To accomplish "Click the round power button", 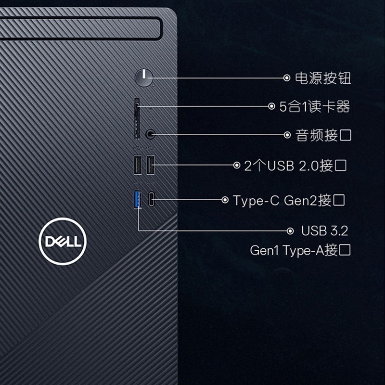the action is pos(144,78).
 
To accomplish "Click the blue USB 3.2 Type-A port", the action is pos(138,199).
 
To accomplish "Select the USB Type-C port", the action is pos(152,199).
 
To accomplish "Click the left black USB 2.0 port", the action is pos(138,165).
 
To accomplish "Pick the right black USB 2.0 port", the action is pos(150,165).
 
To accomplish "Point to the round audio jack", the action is pos(150,134).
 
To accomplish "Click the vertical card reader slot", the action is pos(137,119).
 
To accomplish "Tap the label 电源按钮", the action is pos(323,78).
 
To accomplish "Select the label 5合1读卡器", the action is pos(315,106).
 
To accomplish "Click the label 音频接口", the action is pos(323,135).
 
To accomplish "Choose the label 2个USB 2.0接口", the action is pos(295,166).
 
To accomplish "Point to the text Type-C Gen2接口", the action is pos(289,200).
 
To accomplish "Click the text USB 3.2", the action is pos(324,231).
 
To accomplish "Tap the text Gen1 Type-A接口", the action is pos(300,250).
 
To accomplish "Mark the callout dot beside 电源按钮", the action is pos(286,78).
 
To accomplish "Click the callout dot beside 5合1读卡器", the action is pos(271,106).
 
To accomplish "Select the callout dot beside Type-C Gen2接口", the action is pos(225,200).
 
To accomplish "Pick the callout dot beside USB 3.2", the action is pos(290,231).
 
